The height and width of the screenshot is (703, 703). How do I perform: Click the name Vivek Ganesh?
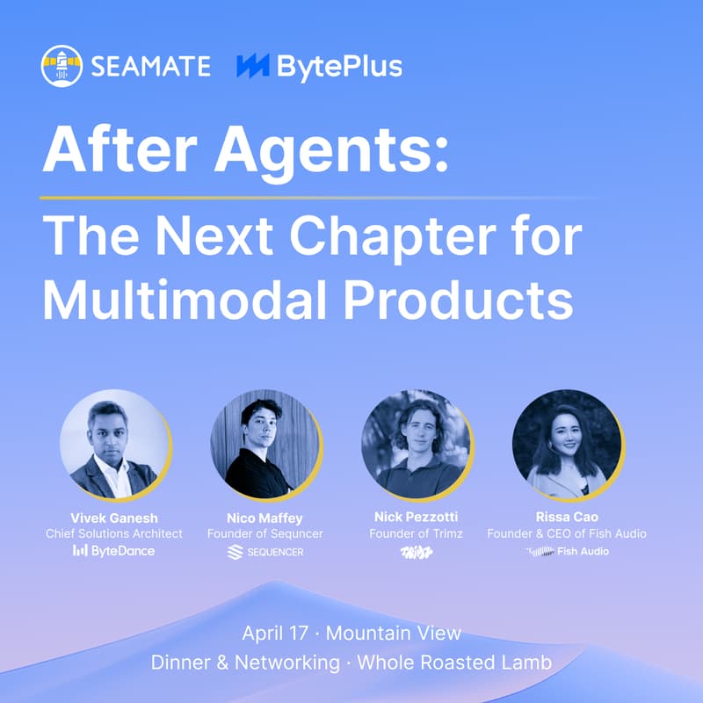coord(114,518)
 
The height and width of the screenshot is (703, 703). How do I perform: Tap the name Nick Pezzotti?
coord(416,518)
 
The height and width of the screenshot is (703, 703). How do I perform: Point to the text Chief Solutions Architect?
coord(114,533)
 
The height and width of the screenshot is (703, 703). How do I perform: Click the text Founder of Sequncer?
coord(265,533)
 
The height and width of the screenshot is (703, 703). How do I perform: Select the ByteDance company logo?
coord(114,551)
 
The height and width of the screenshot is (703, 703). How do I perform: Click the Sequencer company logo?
coord(265,552)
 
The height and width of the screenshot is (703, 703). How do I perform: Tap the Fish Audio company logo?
coord(567,552)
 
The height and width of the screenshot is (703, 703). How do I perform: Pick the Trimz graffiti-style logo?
coord(416,552)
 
